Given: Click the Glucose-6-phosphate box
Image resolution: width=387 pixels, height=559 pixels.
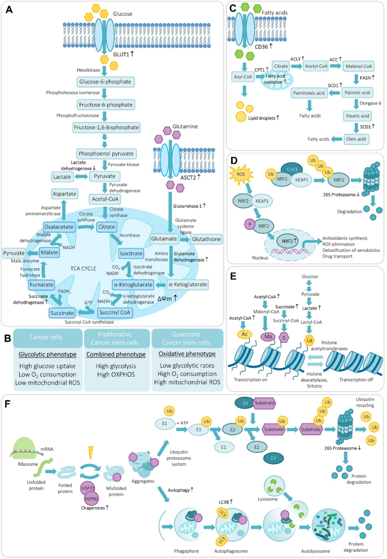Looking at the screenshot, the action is (105, 82).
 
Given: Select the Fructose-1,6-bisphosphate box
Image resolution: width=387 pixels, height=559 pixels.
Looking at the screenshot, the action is (106, 127).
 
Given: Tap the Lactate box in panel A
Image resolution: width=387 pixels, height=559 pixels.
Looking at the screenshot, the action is (62, 177).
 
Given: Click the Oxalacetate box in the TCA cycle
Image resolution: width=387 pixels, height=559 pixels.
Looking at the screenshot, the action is (59, 227).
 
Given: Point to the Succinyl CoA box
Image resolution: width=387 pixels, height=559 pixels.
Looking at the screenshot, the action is (115, 313).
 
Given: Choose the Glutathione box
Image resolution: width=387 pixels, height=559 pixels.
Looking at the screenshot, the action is (207, 239).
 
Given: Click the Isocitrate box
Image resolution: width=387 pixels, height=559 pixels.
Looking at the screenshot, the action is (131, 254).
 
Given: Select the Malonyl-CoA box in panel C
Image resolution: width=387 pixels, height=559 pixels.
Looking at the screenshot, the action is (358, 66).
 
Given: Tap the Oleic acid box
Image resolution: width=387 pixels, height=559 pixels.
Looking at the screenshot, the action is (356, 139).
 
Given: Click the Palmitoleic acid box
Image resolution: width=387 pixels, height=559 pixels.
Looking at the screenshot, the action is (309, 93).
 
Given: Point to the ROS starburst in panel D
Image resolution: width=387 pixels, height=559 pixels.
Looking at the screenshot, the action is (241, 174).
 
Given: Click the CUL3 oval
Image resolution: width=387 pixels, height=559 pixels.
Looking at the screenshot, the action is (292, 169).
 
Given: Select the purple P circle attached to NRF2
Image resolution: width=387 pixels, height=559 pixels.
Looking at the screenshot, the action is (250, 225).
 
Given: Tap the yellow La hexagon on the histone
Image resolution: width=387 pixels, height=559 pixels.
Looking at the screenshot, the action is (309, 340).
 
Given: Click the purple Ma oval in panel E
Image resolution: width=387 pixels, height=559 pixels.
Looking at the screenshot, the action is (268, 337).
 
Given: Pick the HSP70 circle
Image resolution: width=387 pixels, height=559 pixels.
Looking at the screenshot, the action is (88, 488).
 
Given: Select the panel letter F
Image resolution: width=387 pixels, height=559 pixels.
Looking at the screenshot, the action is (7, 404).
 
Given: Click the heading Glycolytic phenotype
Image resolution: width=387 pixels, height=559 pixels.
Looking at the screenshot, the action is (47, 355).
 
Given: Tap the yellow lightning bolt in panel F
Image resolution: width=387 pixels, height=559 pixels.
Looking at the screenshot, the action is (90, 452).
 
